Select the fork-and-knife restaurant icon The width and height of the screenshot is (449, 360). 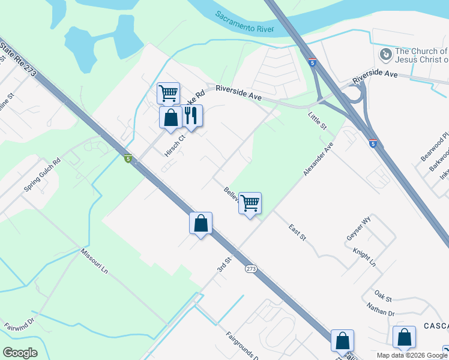coord(191,115)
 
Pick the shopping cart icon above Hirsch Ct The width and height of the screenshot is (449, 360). coord(168,93)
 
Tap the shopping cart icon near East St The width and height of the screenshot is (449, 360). coord(250,203)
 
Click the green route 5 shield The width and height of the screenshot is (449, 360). coord(127,158)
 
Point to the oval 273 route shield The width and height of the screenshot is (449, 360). coord(251,269)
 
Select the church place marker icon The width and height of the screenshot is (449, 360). coord(385,55)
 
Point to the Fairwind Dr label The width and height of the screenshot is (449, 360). coord(20,333)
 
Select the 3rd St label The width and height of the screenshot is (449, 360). coord(224,265)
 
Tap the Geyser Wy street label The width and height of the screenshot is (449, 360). coord(360,227)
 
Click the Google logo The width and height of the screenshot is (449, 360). coord(20,352)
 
